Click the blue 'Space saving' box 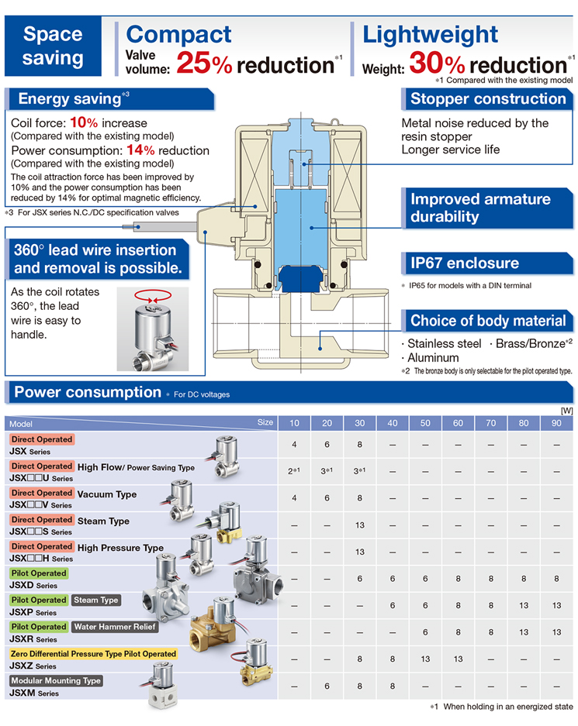click(x=53, y=46)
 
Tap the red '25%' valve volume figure click(x=204, y=64)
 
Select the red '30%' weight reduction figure click(x=437, y=64)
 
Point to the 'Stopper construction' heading click(x=488, y=98)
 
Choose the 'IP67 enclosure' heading click(x=465, y=263)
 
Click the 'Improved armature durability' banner click(x=480, y=208)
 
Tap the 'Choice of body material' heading click(x=488, y=321)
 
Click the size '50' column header click(x=425, y=423)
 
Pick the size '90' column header click(x=556, y=423)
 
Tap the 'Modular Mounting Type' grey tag click(x=57, y=680)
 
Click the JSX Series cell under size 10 click(x=294, y=445)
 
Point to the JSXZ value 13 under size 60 click(x=458, y=659)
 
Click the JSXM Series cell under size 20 click(x=327, y=686)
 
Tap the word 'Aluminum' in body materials click(x=433, y=358)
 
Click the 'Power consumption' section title click(x=88, y=392)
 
